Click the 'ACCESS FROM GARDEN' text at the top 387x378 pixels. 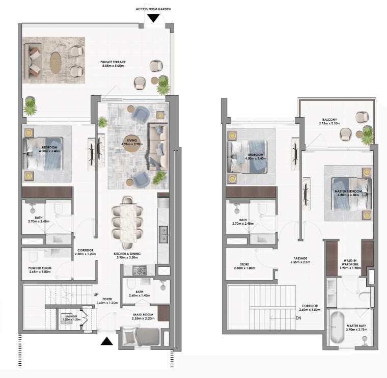[x=153, y=9]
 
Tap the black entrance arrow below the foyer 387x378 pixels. [x=106, y=341]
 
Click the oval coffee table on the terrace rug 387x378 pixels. [x=56, y=62]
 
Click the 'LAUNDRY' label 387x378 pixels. [x=70, y=317]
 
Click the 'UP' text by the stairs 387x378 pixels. [x=96, y=294]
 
